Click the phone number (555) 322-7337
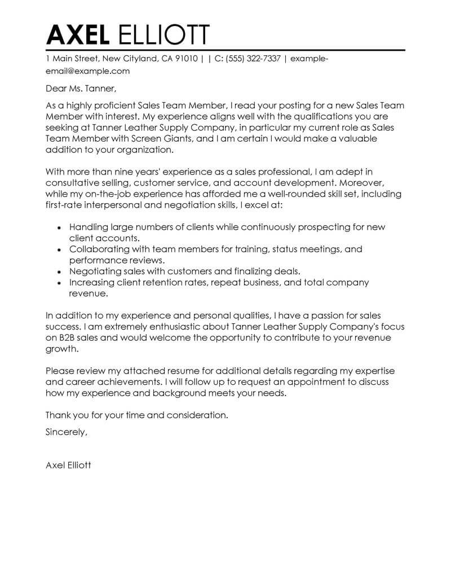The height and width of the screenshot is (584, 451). coord(253,58)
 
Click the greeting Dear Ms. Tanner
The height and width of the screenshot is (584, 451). coord(81,88)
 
